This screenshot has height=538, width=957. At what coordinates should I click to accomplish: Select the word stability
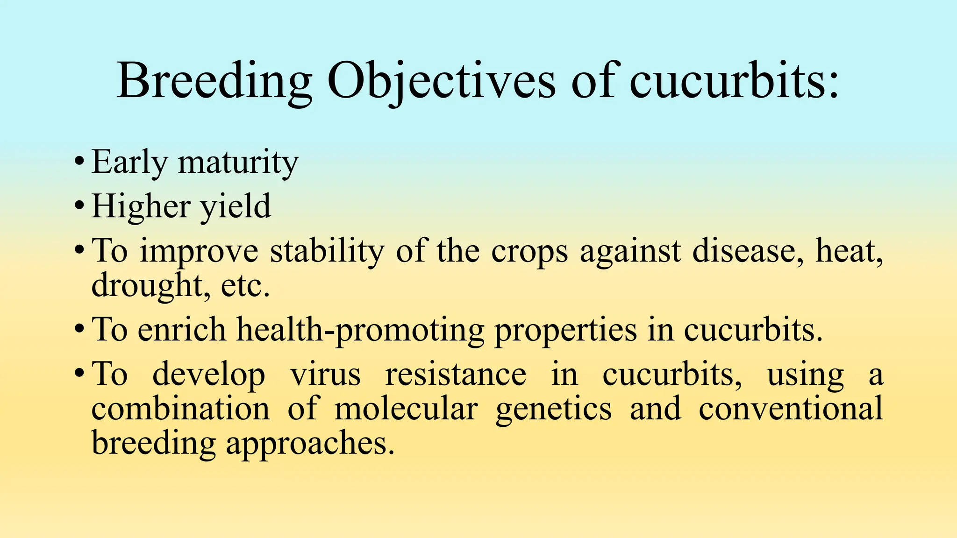click(x=327, y=251)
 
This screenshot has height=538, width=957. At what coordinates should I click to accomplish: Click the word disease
click(x=748, y=251)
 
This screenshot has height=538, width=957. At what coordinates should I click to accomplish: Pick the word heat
click(x=849, y=251)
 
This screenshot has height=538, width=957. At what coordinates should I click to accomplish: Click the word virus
click(x=325, y=375)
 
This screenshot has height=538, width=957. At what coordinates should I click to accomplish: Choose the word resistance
click(x=455, y=375)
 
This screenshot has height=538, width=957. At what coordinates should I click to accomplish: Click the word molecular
click(x=406, y=409)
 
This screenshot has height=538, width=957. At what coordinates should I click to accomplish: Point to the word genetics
click(x=553, y=409)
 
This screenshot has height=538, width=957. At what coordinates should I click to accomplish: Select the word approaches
click(x=310, y=444)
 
